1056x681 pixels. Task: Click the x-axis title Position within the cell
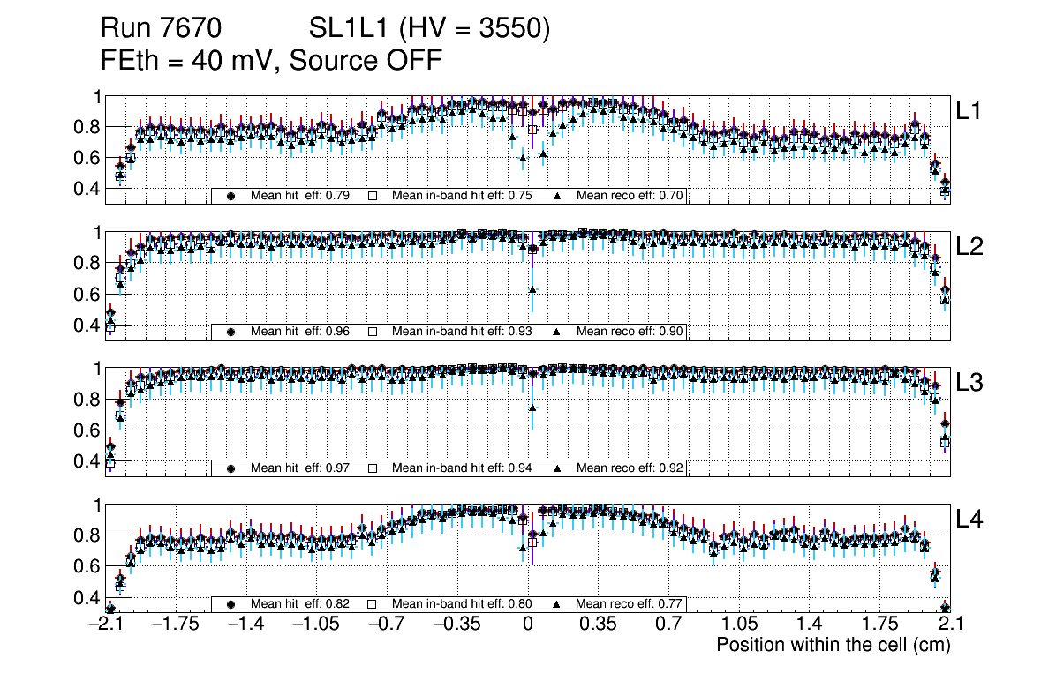click(x=833, y=645)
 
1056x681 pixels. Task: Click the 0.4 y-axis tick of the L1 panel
click(x=85, y=189)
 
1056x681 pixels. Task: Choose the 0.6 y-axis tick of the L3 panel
click(x=85, y=430)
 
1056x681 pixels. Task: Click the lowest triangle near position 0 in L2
click(x=532, y=289)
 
